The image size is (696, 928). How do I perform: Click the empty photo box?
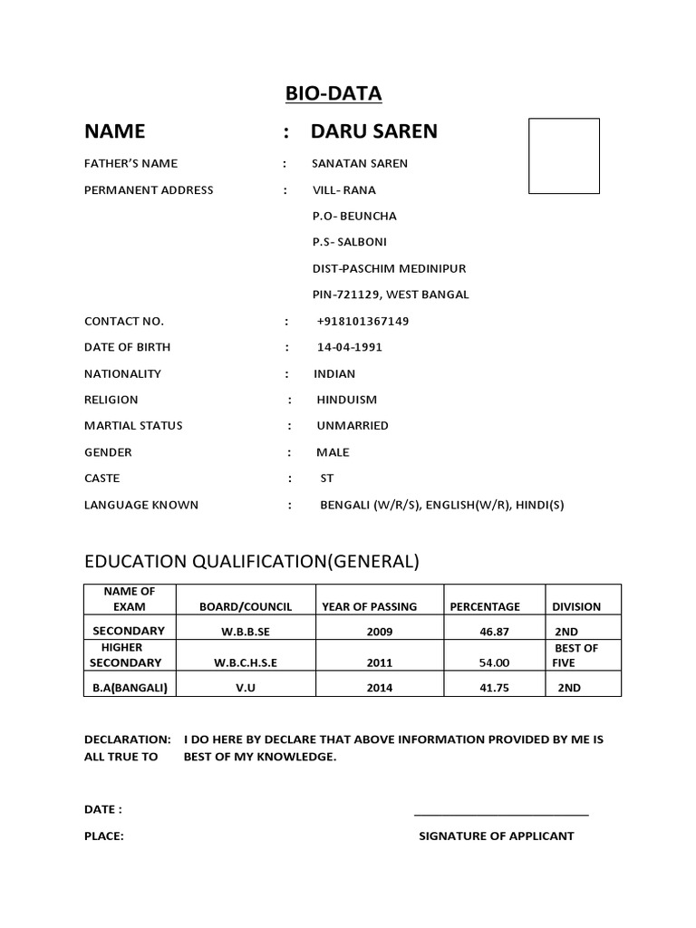pos(564,156)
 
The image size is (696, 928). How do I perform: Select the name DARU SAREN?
pos(373,131)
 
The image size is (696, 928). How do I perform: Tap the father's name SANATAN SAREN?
pos(360,164)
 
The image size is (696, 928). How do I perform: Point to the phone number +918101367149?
pos(363,322)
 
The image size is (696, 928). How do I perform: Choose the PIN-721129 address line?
pos(391,295)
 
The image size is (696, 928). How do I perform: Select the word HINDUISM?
pos(347,400)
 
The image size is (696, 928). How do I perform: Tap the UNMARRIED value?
pos(353,426)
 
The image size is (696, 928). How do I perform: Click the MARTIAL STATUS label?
pos(133,426)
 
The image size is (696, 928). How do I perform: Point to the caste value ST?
pos(327,478)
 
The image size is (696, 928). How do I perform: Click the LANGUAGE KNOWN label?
pos(140,505)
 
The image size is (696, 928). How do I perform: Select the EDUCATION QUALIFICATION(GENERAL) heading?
pos(252,562)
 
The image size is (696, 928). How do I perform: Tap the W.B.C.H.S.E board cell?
pos(245,662)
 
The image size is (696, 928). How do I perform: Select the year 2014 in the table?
pos(380,688)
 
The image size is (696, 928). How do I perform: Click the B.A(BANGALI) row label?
pos(130,688)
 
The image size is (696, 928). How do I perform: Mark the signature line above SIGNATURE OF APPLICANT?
pos(501,816)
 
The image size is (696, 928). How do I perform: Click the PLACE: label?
pos(104,836)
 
